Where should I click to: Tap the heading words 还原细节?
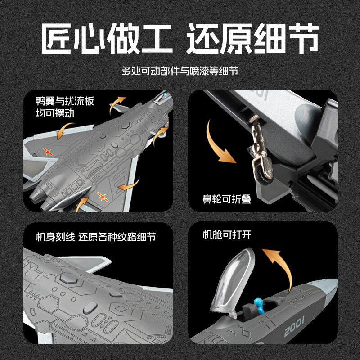pyautogui.click(x=253, y=38)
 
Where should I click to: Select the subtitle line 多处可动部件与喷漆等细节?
pyautogui.click(x=180, y=71)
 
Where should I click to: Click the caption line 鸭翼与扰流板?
pyautogui.click(x=65, y=101)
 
